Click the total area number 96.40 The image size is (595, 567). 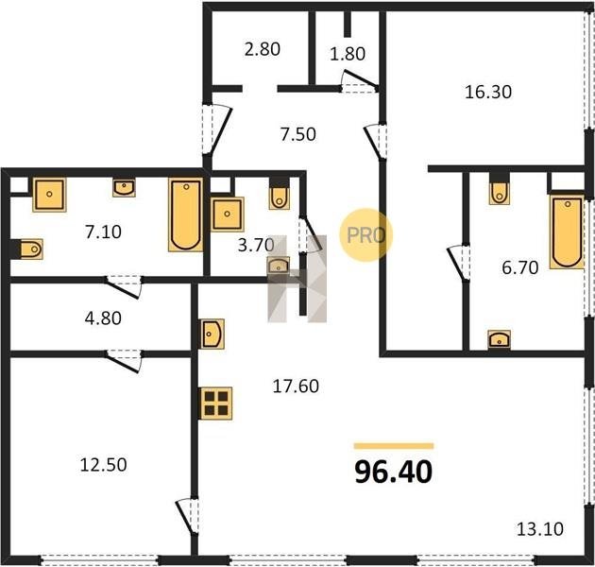click(x=394, y=472)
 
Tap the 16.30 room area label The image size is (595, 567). click(x=488, y=93)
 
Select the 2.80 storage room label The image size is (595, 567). click(x=263, y=49)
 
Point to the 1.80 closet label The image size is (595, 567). click(x=348, y=54)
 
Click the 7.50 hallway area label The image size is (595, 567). click(x=297, y=134)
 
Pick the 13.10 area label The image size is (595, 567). click(x=540, y=528)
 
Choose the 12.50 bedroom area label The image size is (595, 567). click(x=103, y=465)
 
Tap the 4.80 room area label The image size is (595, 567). click(x=103, y=318)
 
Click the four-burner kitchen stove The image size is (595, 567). click(x=216, y=404)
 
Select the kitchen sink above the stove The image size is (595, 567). click(x=212, y=334)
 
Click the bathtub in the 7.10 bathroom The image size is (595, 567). click(x=185, y=215)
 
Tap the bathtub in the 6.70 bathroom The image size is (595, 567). click(x=567, y=232)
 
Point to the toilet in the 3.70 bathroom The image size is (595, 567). click(x=280, y=195)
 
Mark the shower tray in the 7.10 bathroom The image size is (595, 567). click(x=49, y=195)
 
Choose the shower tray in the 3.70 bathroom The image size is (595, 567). click(x=227, y=215)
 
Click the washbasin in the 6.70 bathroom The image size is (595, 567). click(x=499, y=339)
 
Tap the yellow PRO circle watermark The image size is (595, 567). click(x=365, y=234)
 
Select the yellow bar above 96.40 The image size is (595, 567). click(x=394, y=446)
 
